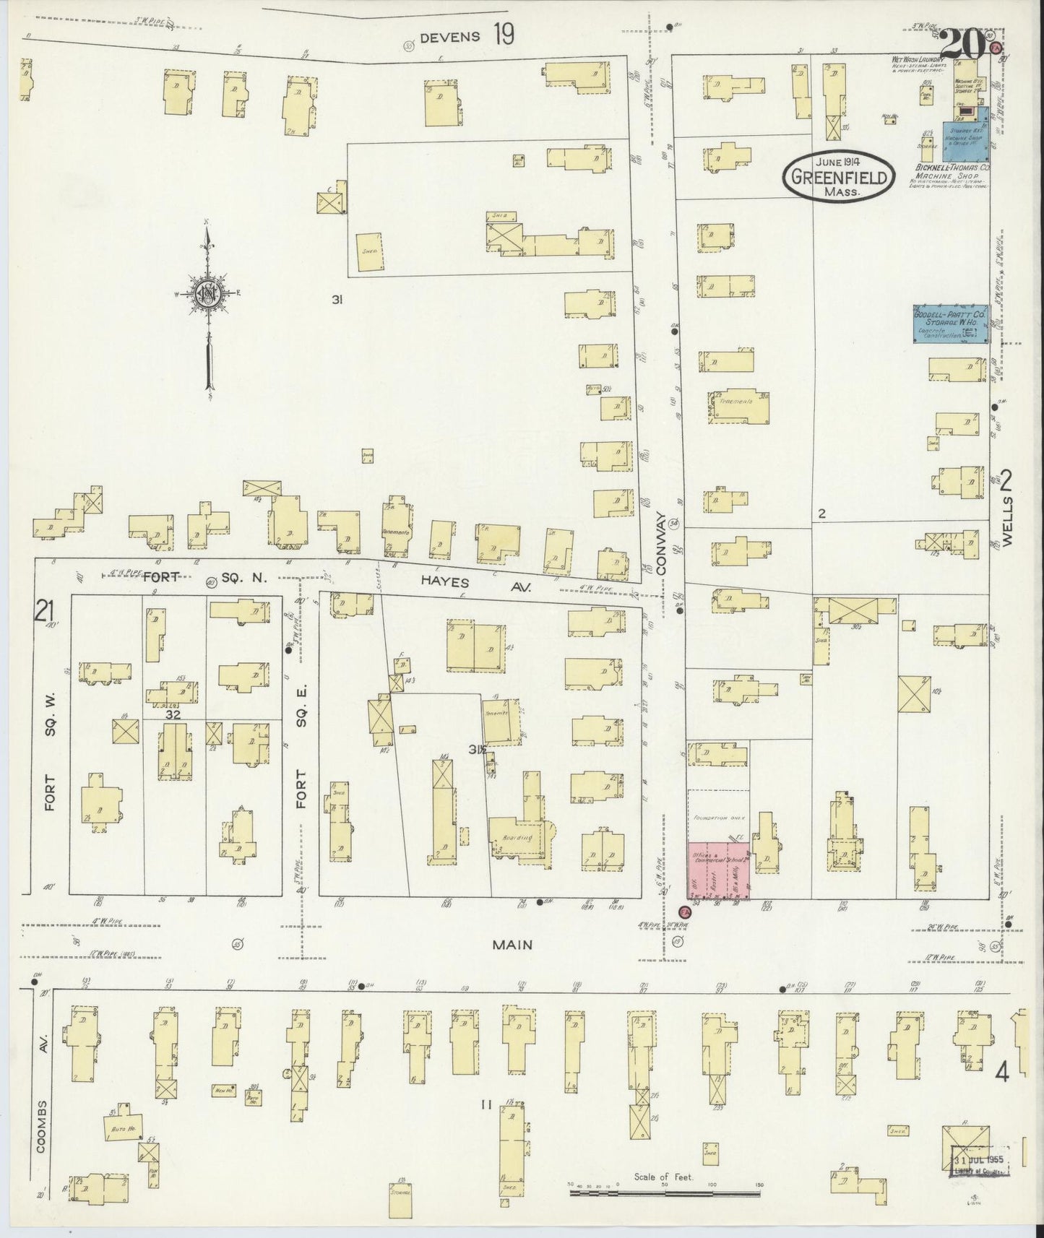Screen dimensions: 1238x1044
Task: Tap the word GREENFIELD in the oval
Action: tap(837, 177)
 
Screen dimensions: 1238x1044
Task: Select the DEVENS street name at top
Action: tap(449, 38)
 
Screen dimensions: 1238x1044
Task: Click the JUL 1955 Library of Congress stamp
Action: tap(979, 1164)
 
